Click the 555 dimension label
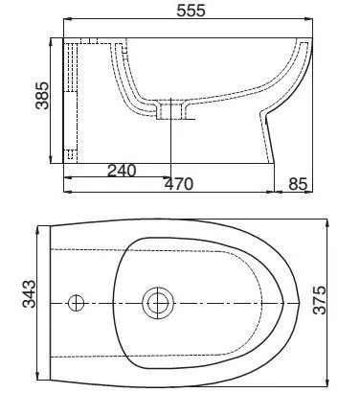pos(191,11)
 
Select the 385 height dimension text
pos(42,96)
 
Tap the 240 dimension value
pos(122,171)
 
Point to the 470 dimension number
pos(179,184)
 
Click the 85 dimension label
pos(298,184)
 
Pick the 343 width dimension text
pos(29,294)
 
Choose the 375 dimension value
pos(320,300)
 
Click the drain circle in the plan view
pos(158,303)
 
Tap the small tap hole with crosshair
pos(77,303)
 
